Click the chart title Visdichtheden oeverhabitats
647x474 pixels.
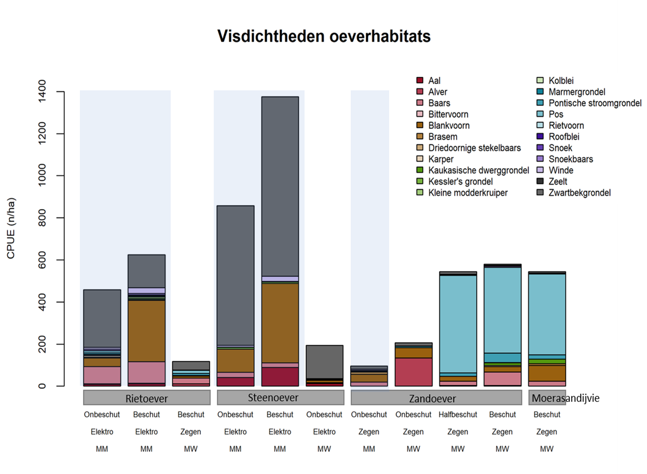[x=324, y=36]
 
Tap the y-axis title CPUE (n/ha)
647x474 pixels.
[x=11, y=228]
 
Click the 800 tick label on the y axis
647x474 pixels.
[x=42, y=218]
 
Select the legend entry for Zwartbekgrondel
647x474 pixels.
[x=580, y=193]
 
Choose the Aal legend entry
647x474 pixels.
[x=434, y=80]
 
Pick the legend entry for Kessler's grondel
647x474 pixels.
[x=460, y=182]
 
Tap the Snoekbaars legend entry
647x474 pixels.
[x=571, y=159]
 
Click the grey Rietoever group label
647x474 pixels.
[x=147, y=398]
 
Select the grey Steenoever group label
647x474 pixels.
[x=280, y=398]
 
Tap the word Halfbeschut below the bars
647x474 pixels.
[x=458, y=415]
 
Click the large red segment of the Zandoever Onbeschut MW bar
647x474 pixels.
[x=414, y=372]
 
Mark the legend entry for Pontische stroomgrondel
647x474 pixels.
[x=595, y=103]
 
